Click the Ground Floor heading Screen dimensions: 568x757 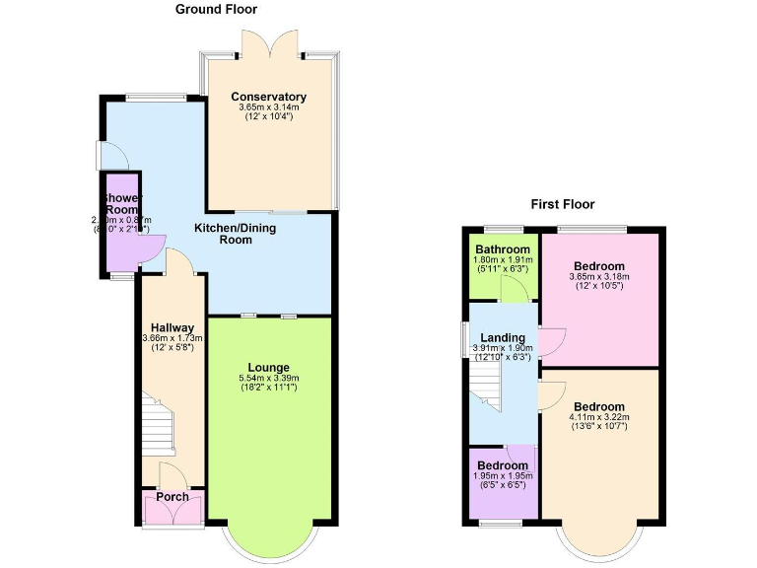pyautogui.click(x=216, y=9)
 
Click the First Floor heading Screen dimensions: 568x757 pyautogui.click(x=562, y=204)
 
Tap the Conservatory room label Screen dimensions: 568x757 pyautogui.click(x=269, y=97)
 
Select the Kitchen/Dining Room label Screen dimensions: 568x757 pyautogui.click(x=236, y=234)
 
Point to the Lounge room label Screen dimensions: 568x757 pyautogui.click(x=269, y=366)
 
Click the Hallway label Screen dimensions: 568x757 pyautogui.click(x=172, y=327)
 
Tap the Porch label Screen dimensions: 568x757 pyautogui.click(x=172, y=496)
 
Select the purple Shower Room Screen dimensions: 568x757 pyautogui.click(x=122, y=222)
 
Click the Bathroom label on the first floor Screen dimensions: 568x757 pyautogui.click(x=503, y=248)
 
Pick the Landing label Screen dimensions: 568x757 pyautogui.click(x=503, y=338)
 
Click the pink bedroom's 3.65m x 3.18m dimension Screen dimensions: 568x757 pyautogui.click(x=598, y=277)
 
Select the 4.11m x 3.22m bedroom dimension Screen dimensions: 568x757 pyautogui.click(x=598, y=417)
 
